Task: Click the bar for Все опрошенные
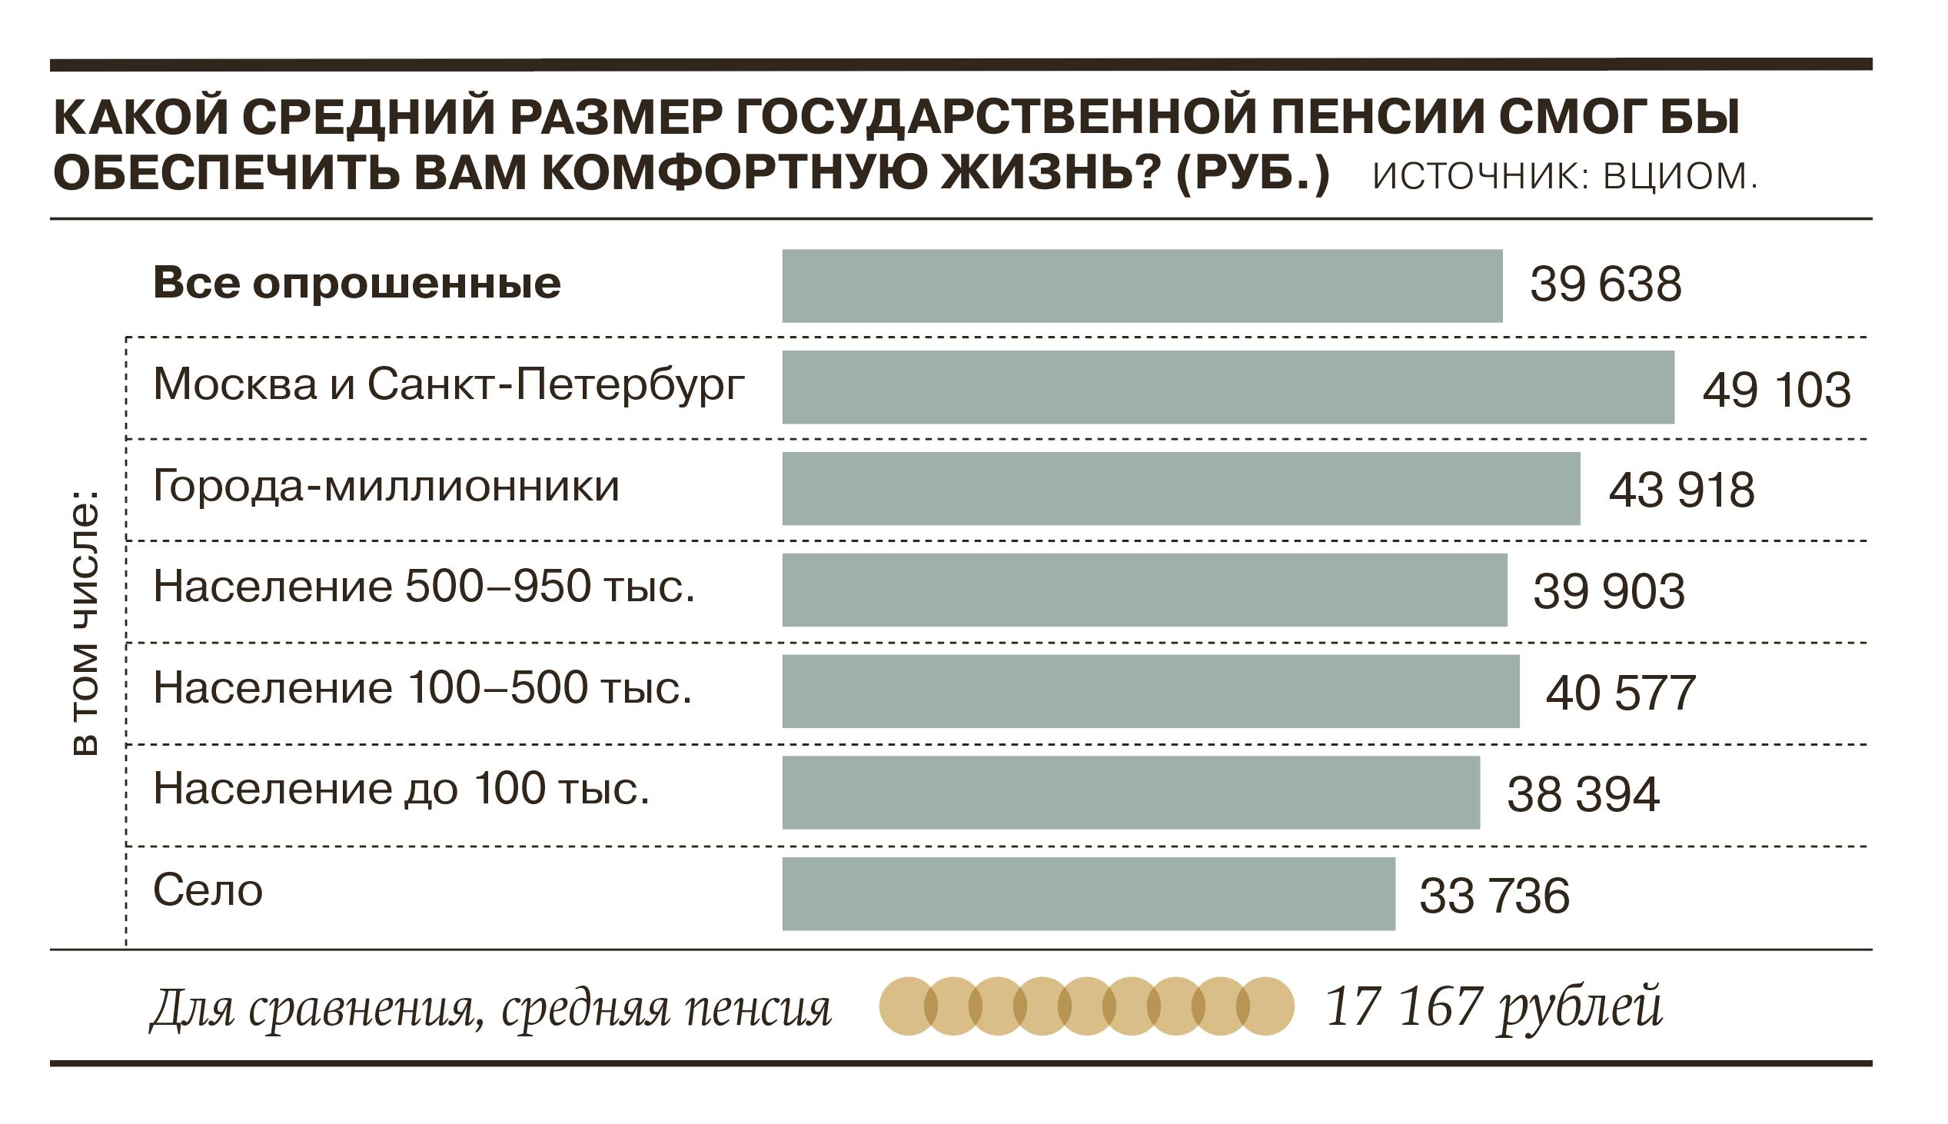[1142, 286]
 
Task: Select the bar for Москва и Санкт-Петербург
[1227, 387]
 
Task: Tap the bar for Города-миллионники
[1180, 489]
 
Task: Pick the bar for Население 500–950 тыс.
[1144, 590]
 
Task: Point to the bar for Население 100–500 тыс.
[1150, 691]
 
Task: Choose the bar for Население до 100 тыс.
[1131, 792]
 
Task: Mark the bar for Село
[1089, 893]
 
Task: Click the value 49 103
[1776, 390]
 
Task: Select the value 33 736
[1494, 896]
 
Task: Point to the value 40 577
[1620, 693]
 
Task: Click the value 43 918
[1681, 491]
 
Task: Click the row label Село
[208, 890]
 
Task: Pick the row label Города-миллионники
[386, 487]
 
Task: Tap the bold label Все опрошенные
[357, 284]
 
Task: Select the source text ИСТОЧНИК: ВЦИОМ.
[1565, 177]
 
